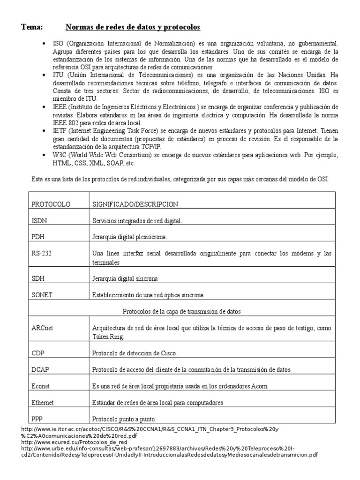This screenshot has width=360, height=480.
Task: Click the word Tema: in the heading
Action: [32, 27]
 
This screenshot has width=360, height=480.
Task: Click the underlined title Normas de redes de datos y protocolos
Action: [133, 27]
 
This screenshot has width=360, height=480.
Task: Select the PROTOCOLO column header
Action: [51, 204]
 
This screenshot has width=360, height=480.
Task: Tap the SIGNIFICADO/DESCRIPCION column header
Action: [135, 204]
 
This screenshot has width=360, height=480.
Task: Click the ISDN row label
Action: [39, 220]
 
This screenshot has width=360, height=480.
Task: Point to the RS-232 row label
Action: [42, 254]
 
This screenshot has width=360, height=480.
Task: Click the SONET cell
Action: [42, 295]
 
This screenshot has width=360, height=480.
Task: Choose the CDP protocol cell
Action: [38, 353]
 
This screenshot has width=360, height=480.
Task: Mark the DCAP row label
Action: [41, 369]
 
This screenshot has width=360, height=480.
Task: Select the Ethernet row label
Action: [43, 402]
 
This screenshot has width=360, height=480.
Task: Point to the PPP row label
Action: [38, 419]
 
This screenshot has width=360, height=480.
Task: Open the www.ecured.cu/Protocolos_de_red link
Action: [75, 442]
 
